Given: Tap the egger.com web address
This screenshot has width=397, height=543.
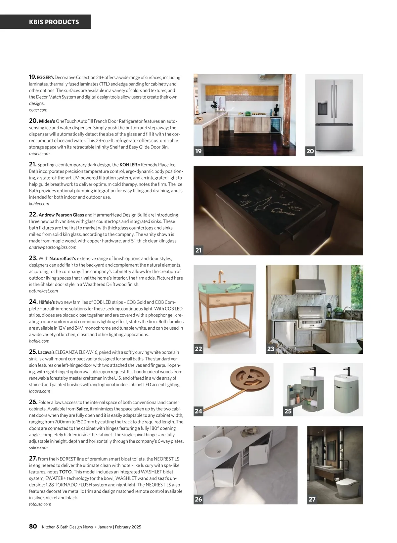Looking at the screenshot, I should (x=38, y=110).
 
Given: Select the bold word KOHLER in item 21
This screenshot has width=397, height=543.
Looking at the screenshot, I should (x=128, y=165).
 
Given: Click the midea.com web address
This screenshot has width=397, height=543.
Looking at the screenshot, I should (x=39, y=153).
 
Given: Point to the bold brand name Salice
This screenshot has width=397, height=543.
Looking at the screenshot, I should (x=82, y=409).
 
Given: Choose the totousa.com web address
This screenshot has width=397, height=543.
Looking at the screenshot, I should (x=40, y=504).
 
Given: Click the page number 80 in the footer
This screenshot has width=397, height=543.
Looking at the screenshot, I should (x=33, y=526).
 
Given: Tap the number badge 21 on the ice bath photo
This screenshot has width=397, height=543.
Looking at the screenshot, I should (x=198, y=250).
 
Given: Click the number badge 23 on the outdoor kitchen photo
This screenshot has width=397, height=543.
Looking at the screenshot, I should (x=271, y=349).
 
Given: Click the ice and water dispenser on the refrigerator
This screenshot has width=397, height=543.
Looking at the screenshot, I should (x=322, y=108).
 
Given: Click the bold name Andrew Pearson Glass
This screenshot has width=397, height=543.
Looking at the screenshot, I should (x=61, y=215).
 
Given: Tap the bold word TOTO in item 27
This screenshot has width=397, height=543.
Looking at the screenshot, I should (x=66, y=472).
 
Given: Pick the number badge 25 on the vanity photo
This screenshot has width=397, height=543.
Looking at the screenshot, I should (x=288, y=411).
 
